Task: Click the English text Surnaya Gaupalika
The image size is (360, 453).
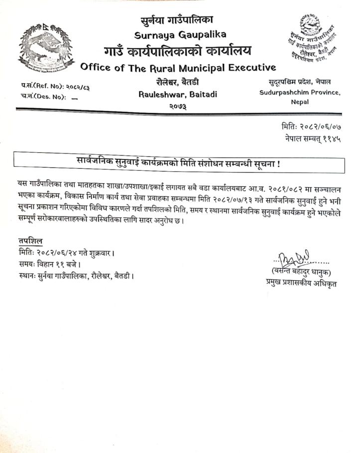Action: pyautogui.click(x=180, y=34)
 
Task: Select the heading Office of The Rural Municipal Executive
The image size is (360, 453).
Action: pyautogui.click(x=177, y=67)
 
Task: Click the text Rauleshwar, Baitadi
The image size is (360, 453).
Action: pyautogui.click(x=178, y=94)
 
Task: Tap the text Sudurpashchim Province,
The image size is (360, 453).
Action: pyautogui.click(x=300, y=93)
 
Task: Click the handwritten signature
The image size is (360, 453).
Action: pyautogui.click(x=296, y=258)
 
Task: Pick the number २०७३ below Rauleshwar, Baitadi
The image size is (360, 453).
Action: pyautogui.click(x=178, y=106)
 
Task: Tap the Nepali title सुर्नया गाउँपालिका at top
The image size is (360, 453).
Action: pyautogui.click(x=177, y=20)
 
